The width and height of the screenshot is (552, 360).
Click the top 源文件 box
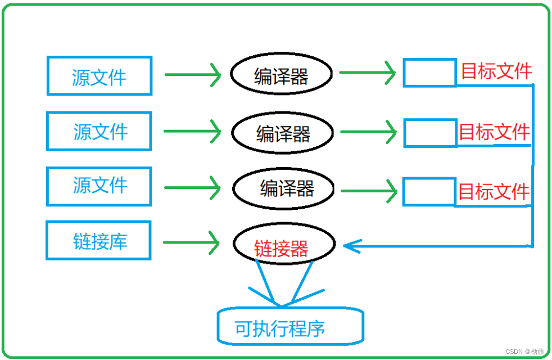(99, 75)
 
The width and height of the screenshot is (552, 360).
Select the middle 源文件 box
(99, 132)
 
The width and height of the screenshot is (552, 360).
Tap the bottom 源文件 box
(99, 186)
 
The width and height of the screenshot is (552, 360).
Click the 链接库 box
(99, 241)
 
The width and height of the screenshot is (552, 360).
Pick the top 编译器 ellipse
(281, 75)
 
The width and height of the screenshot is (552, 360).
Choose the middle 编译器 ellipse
(283, 133)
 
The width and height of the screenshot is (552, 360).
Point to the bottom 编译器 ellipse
(284, 188)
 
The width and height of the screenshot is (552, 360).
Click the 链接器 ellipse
(284, 245)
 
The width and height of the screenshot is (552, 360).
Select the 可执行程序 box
(289, 327)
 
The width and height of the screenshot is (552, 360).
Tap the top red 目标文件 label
(496, 71)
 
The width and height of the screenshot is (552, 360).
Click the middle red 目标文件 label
(494, 132)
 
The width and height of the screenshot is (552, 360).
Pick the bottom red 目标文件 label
(494, 192)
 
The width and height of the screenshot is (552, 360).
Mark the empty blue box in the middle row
(430, 133)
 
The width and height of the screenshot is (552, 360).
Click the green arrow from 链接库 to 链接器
(191, 242)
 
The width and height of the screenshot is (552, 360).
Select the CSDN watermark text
(524, 352)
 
